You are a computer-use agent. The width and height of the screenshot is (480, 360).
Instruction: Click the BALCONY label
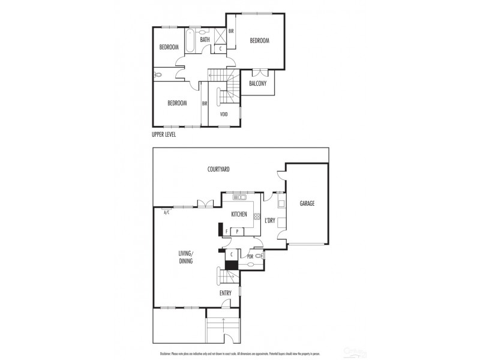click(258, 83)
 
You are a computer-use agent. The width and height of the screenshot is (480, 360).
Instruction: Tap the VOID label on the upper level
click(223, 114)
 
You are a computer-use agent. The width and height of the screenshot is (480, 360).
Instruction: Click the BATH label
click(205, 40)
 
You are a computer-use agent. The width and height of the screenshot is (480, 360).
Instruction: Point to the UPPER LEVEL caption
click(167, 135)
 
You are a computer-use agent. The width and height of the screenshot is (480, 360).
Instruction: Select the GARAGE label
click(307, 203)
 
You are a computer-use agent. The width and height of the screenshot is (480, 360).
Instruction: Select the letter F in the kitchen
click(226, 231)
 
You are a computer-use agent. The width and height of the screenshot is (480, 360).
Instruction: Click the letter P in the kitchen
click(237, 231)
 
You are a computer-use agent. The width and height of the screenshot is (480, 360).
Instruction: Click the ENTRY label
click(226, 293)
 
